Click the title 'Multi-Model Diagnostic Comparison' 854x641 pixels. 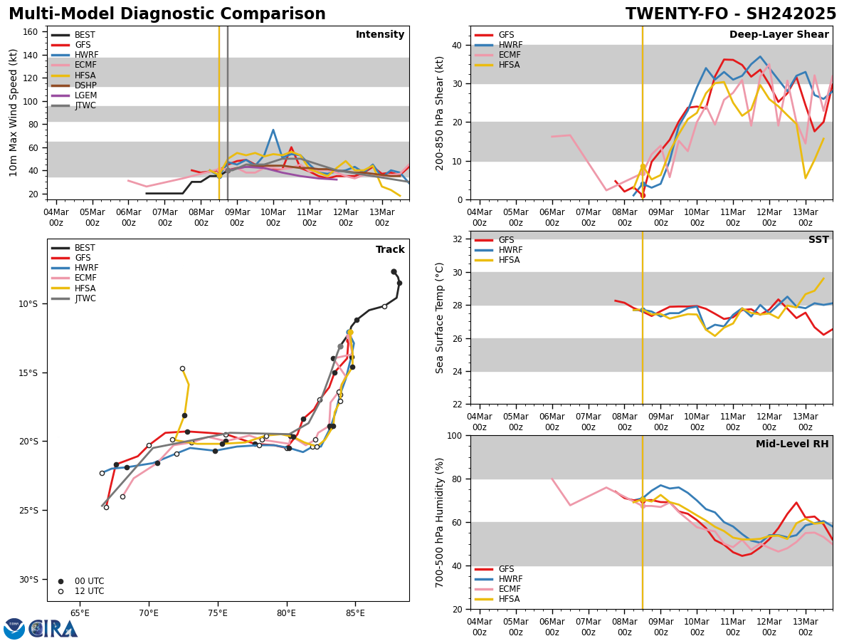click(x=167, y=14)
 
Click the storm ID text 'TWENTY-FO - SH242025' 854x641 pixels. click(x=731, y=14)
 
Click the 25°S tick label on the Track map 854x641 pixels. click(x=28, y=511)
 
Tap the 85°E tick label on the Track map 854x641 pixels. click(x=355, y=613)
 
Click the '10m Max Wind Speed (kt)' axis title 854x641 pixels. click(x=14, y=113)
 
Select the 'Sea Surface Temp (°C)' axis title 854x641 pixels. click(x=440, y=318)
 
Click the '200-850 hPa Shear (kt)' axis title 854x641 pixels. click(x=440, y=113)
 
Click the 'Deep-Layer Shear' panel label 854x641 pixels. click(x=779, y=35)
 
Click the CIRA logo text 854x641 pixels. click(x=53, y=629)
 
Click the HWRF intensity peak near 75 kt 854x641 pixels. click(x=273, y=130)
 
